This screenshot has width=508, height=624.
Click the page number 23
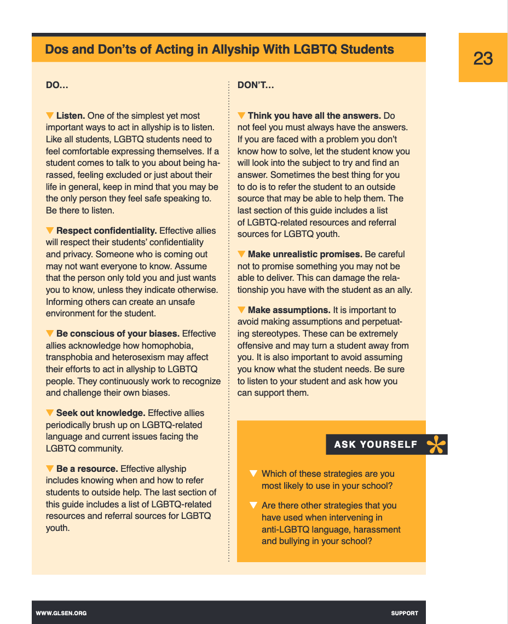pyautogui.click(x=483, y=58)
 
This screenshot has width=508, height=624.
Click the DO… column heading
pyautogui.click(x=57, y=85)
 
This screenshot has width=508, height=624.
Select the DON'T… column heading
pyautogui.click(x=256, y=85)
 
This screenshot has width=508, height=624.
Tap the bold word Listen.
pyautogui.click(x=71, y=116)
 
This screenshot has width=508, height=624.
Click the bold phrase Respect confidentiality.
pyautogui.click(x=107, y=230)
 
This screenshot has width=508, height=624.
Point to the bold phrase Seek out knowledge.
pyautogui.click(x=101, y=413)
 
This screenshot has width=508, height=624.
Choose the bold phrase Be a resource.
pyautogui.click(x=87, y=469)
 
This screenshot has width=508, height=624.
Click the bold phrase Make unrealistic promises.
pyautogui.click(x=305, y=255)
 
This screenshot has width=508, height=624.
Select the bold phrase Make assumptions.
pyautogui.click(x=289, y=310)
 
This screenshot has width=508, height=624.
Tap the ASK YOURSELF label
pyautogui.click(x=376, y=444)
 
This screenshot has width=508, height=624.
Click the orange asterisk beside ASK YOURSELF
pyautogui.click(x=436, y=444)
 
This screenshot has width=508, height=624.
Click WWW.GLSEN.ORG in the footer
pyautogui.click(x=61, y=613)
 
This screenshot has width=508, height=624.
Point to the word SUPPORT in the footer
pyautogui.click(x=405, y=613)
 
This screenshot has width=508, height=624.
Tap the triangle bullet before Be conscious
pyautogui.click(x=50, y=333)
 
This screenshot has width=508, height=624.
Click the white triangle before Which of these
pyautogui.click(x=253, y=473)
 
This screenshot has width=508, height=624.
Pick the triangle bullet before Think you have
pyautogui.click(x=241, y=115)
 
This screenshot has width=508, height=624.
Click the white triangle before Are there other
pyautogui.click(x=253, y=505)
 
